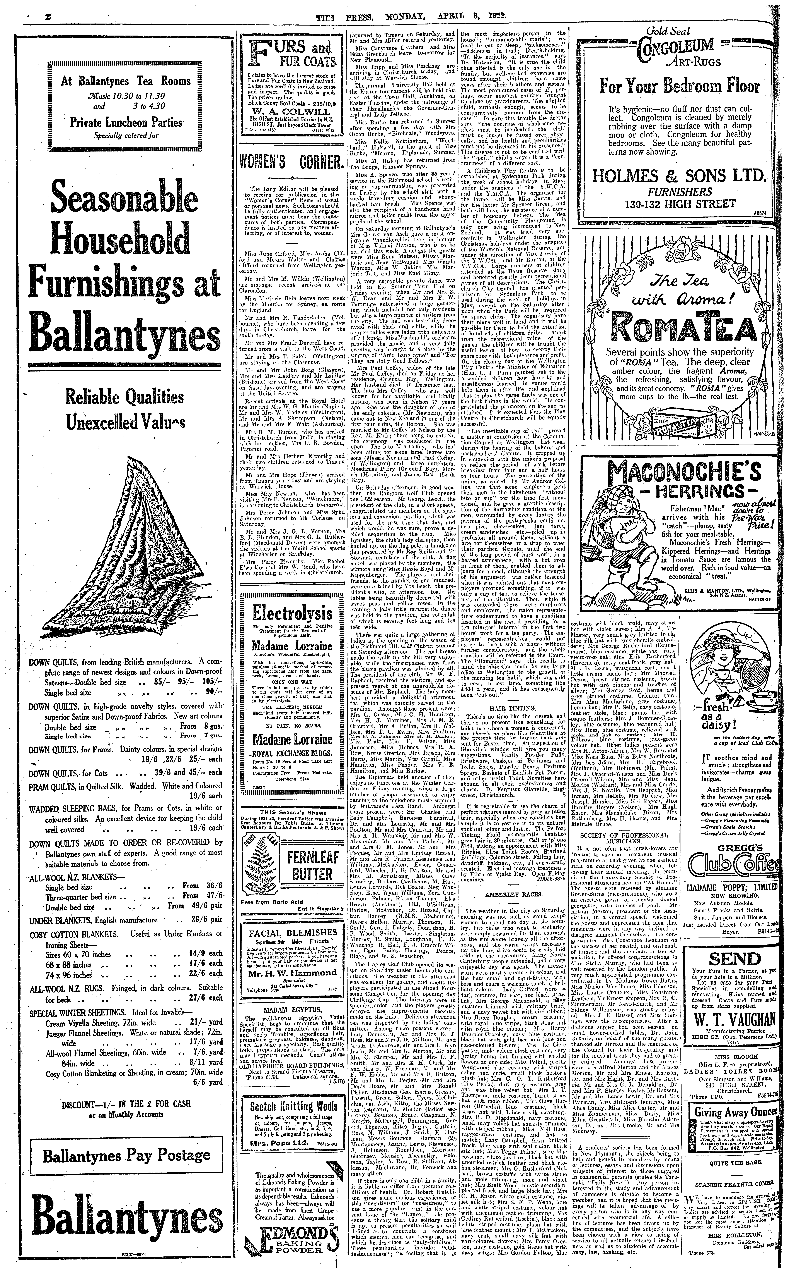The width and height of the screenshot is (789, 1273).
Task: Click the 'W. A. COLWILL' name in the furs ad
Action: click(292, 112)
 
